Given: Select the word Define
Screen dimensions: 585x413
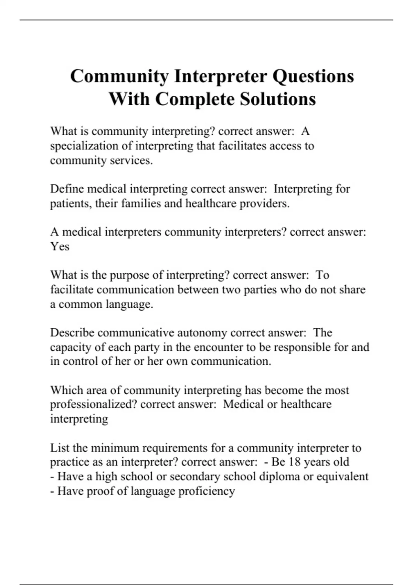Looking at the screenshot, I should point(67,189).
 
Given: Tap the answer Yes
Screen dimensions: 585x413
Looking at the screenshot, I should point(60,247).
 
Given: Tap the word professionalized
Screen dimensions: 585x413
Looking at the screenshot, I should point(94,404).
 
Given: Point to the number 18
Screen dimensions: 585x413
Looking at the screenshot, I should point(295,462).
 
